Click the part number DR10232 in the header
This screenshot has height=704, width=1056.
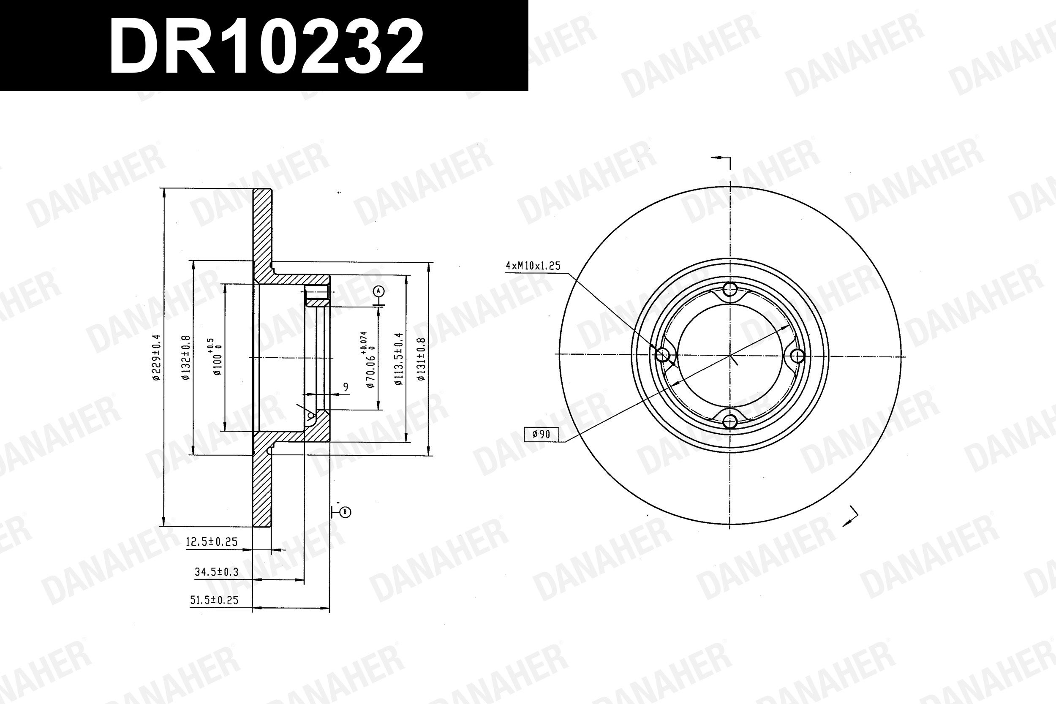pyautogui.click(x=266, y=47)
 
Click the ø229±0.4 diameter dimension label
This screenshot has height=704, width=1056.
pyautogui.click(x=156, y=357)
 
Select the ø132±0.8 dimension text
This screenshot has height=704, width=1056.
pyautogui.click(x=186, y=357)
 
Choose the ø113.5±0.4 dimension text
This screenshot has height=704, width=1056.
pyautogui.click(x=399, y=359)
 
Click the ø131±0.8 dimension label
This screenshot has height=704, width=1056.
pyautogui.click(x=421, y=359)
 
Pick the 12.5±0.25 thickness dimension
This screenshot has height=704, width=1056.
pyautogui.click(x=212, y=542)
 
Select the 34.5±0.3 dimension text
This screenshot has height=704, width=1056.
pyautogui.click(x=216, y=572)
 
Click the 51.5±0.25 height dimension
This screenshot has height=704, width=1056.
pyautogui.click(x=214, y=600)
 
